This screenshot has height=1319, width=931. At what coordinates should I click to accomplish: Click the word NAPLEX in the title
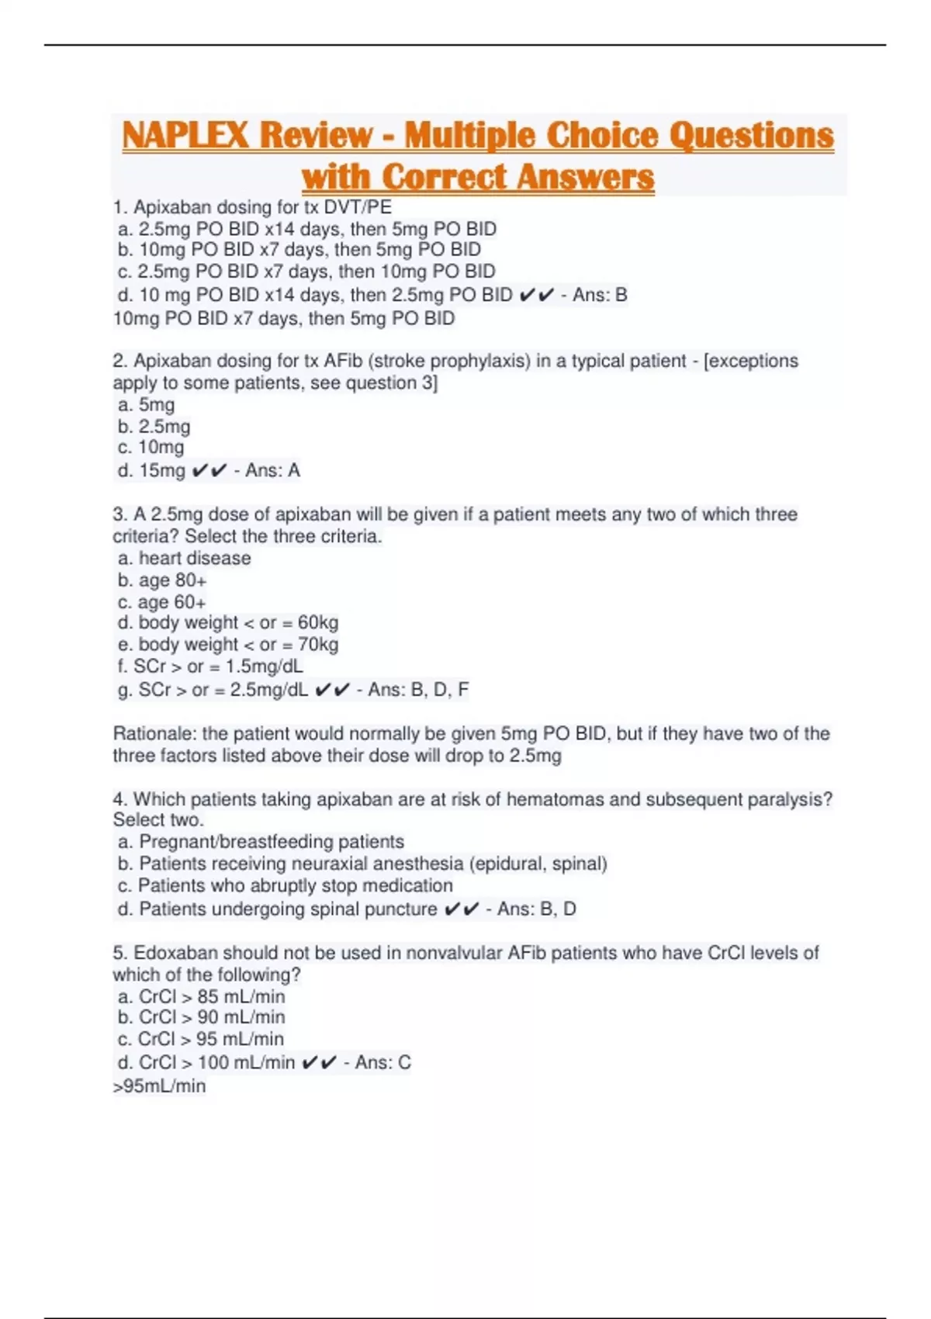tap(186, 136)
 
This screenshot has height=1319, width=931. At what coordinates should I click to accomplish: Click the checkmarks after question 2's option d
tap(209, 470)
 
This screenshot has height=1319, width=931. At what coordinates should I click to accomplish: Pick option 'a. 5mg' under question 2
tap(147, 404)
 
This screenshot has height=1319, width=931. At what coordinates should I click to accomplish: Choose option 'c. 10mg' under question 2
tap(151, 448)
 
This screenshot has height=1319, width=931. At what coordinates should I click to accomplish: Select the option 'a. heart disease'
tap(185, 558)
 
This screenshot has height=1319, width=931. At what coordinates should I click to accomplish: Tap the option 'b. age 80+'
tap(162, 580)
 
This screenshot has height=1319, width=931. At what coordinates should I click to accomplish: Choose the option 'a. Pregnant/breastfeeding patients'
tap(261, 842)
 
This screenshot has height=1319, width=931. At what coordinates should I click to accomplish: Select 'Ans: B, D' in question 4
tap(537, 909)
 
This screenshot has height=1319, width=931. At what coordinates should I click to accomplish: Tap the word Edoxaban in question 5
tap(169, 953)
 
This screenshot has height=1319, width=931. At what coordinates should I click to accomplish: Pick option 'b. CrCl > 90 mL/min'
tap(202, 1017)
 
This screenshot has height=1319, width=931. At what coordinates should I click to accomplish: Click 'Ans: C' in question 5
tap(382, 1062)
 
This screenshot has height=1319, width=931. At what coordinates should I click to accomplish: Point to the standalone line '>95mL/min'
tap(160, 1085)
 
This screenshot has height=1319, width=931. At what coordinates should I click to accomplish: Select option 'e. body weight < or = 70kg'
tap(228, 645)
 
